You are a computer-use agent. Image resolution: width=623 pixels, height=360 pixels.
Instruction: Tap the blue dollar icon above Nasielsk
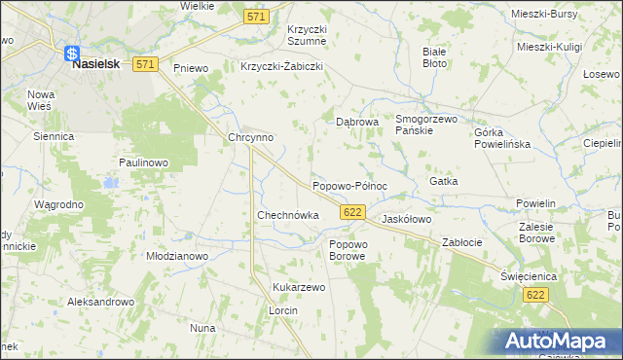tap(72, 54)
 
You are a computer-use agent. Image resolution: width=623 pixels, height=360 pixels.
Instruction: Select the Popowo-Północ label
tap(349, 185)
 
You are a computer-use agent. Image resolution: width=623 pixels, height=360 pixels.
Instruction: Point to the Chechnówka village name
tap(287, 214)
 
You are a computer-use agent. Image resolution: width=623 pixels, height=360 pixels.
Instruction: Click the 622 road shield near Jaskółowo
tap(353, 211)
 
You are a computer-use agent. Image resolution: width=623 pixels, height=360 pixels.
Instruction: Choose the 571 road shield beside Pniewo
tap(145, 64)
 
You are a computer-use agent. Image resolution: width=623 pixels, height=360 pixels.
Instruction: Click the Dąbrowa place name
tap(356, 123)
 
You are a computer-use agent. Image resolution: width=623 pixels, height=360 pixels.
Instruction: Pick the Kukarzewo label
tap(299, 288)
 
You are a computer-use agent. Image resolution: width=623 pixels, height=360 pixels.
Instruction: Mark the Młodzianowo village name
tap(177, 256)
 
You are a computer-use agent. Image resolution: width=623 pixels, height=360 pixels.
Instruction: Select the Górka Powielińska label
tap(501, 137)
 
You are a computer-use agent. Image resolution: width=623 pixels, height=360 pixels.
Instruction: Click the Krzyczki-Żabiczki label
tap(281, 67)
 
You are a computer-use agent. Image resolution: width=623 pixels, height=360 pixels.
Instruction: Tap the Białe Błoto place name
tap(434, 56)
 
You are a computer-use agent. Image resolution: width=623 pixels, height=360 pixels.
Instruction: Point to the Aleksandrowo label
tap(100, 303)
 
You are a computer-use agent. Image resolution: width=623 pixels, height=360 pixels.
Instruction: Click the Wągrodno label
tap(58, 205)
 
